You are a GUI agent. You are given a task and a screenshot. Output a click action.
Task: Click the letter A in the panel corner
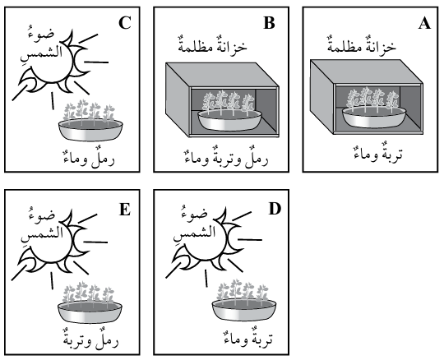(x=424, y=23)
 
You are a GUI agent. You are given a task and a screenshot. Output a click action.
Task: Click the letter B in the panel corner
(x=269, y=23)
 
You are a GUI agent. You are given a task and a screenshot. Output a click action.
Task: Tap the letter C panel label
(x=125, y=23)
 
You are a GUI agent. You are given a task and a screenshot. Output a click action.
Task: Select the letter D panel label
(x=275, y=209)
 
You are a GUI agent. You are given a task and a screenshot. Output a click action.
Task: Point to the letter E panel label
(x=125, y=210)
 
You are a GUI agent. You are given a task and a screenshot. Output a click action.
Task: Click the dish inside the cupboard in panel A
(x=374, y=117)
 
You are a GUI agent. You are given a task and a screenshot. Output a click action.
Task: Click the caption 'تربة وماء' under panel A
(x=378, y=153)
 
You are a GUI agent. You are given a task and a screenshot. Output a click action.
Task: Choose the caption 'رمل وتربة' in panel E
(x=90, y=339)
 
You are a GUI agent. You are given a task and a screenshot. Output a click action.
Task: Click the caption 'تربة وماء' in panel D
(x=248, y=337)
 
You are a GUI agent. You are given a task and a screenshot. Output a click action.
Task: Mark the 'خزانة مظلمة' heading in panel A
(x=362, y=44)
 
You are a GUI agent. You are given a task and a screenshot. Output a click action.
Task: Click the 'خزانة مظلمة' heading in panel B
(x=212, y=44)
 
